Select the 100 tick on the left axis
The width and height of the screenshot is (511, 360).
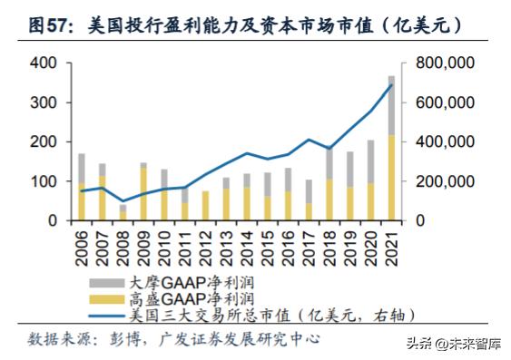43,181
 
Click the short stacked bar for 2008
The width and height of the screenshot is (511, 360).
123,213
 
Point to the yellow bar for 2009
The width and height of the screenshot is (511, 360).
143,195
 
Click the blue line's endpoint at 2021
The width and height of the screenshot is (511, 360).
391,85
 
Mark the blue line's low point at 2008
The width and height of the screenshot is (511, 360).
123,200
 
